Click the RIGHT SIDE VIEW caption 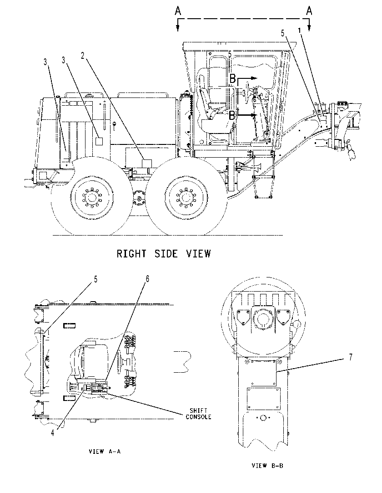(164, 253)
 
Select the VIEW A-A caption (105, 452)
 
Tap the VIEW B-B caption (267, 466)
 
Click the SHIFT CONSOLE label (198, 414)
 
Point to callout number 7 (351, 357)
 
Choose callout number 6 (147, 279)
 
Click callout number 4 (53, 433)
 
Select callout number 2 (83, 56)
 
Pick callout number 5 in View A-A (96, 279)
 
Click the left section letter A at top (178, 11)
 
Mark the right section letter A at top (309, 11)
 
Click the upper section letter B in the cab (232, 78)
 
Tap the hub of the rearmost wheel (91, 198)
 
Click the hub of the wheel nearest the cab (186, 198)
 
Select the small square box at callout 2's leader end (147, 164)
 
